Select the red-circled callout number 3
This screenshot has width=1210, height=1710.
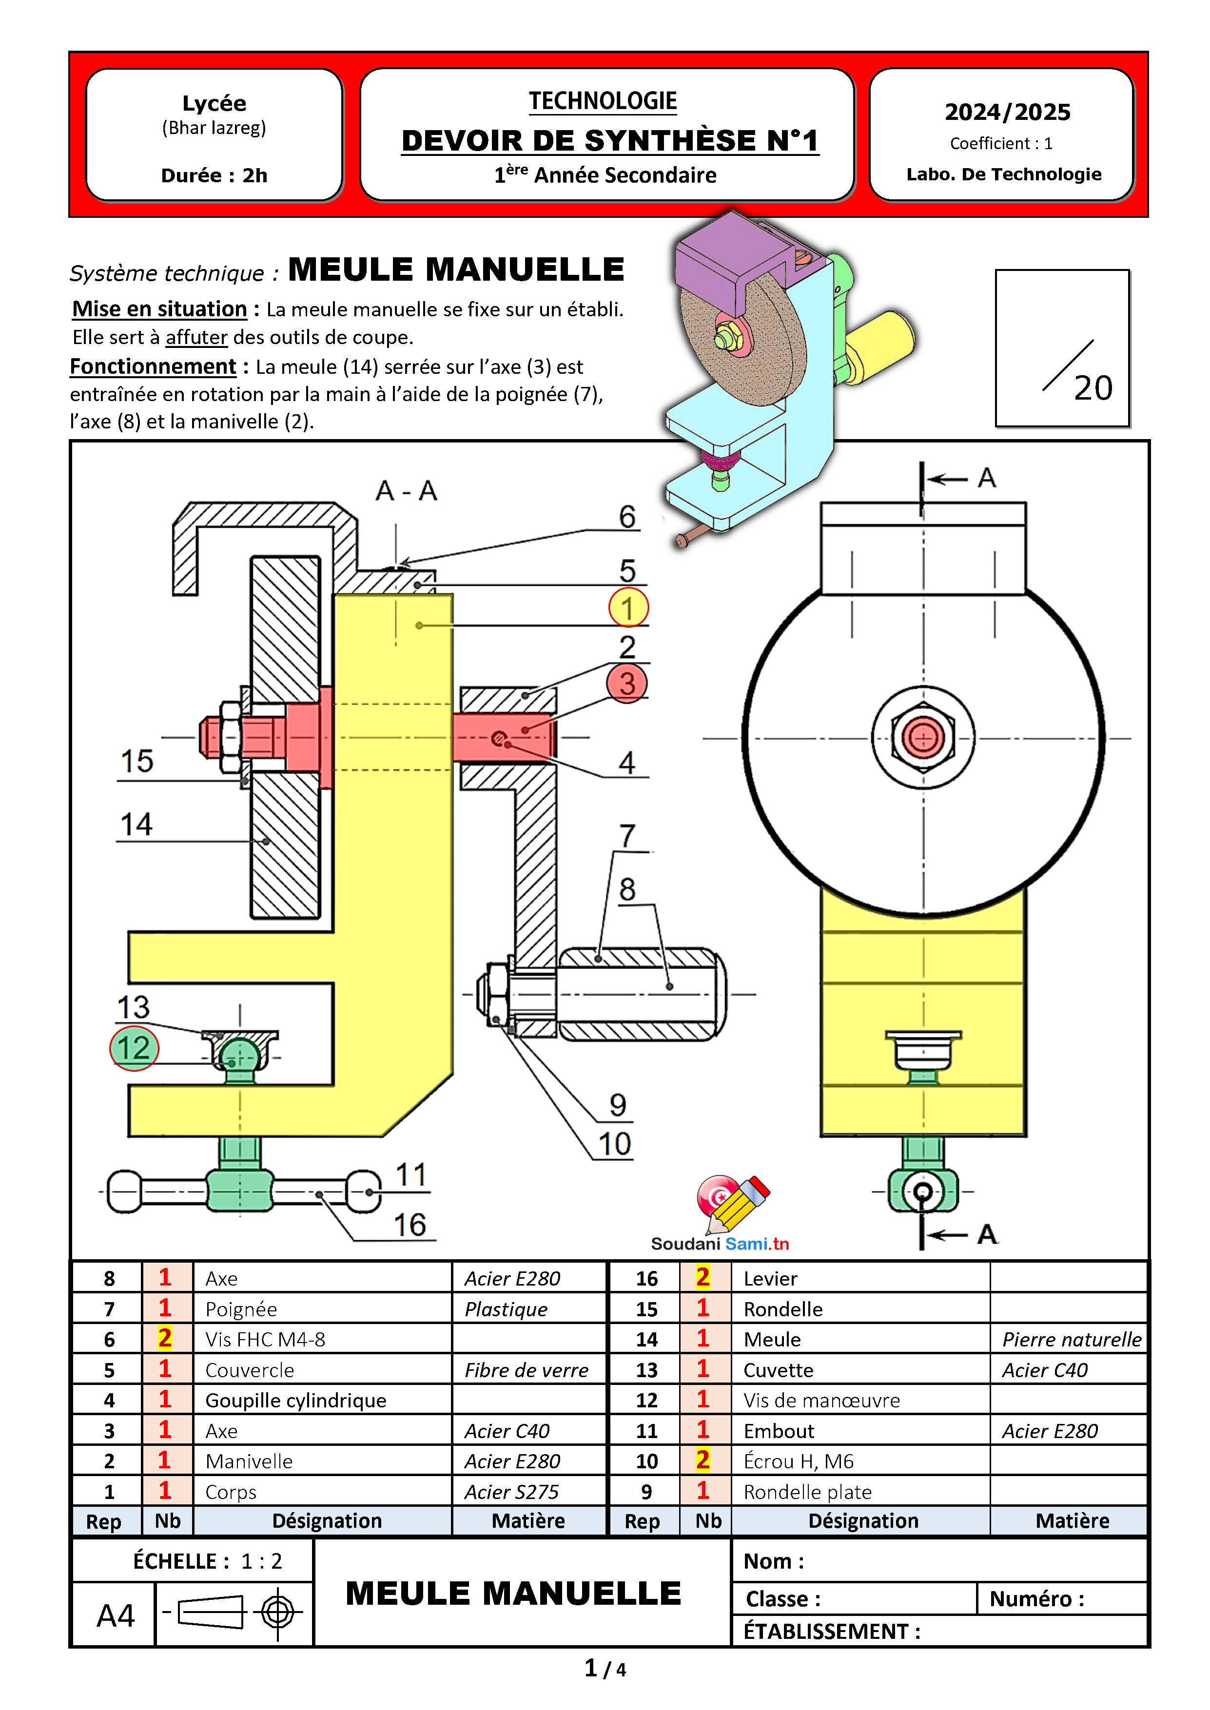627,683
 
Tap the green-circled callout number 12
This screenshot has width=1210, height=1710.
134,1048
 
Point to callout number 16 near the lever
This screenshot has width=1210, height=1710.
410,1225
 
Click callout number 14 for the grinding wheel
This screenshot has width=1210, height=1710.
137,825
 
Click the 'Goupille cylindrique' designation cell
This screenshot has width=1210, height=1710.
323,1400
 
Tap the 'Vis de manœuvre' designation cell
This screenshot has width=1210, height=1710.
860,1400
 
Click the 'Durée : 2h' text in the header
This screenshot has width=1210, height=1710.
215,176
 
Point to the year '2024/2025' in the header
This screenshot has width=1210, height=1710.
1007,112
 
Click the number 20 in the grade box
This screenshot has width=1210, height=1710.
1093,388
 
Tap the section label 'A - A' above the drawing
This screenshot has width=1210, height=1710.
406,491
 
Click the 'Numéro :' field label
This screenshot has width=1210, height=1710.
1036,1599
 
